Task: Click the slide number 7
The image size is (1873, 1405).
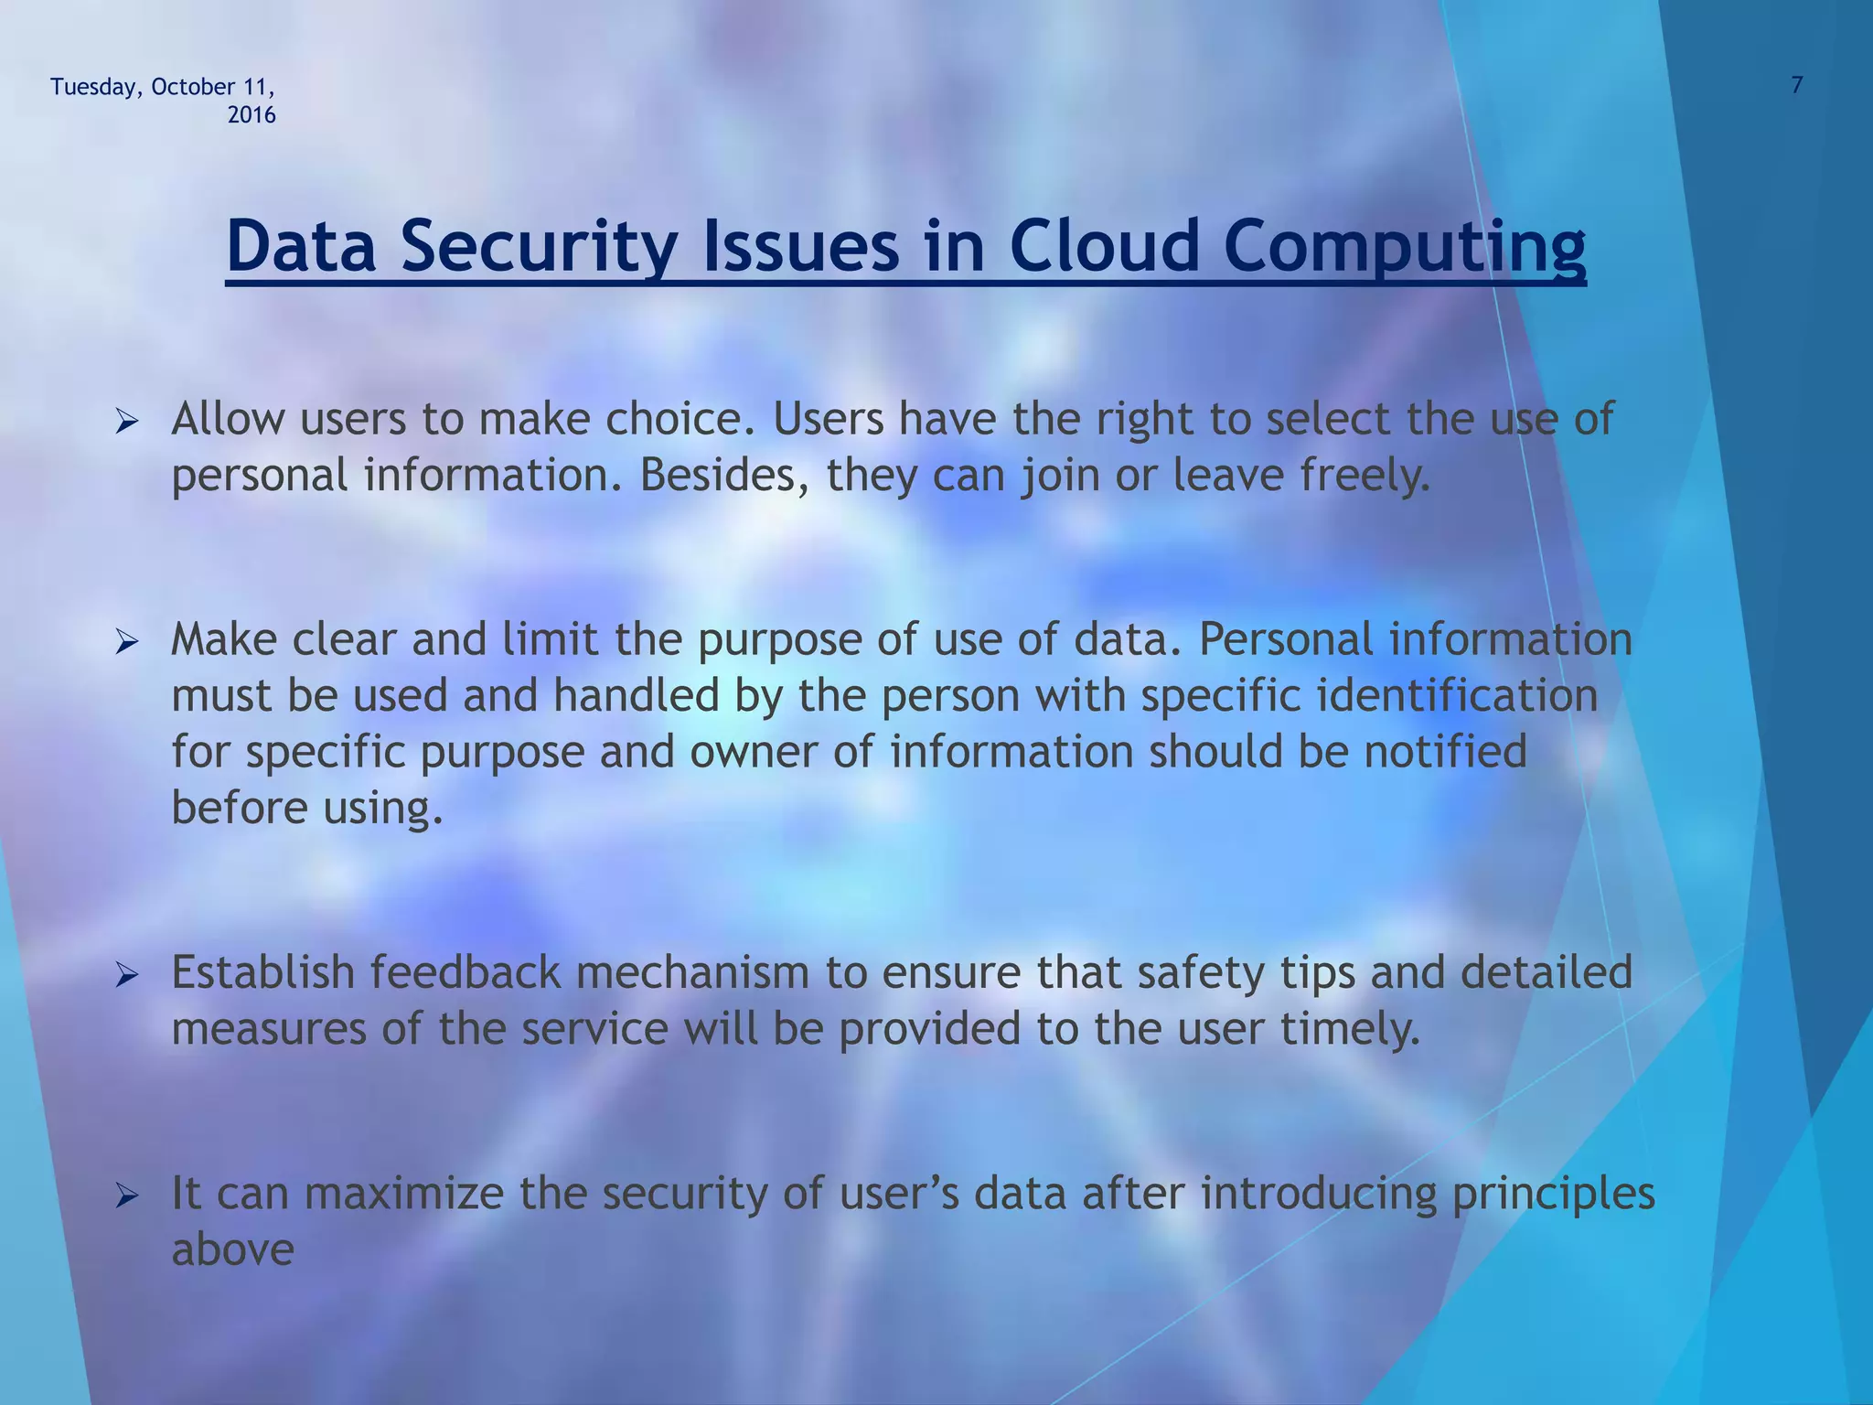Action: [1796, 86]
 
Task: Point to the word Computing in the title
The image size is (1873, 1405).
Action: [1404, 249]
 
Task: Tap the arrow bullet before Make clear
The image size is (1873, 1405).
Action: [126, 642]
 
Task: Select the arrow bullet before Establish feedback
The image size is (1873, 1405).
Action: [126, 975]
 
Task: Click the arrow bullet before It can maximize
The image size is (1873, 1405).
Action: [126, 1196]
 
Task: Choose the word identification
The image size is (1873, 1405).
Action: [1457, 696]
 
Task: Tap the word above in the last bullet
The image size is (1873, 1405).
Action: [233, 1250]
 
